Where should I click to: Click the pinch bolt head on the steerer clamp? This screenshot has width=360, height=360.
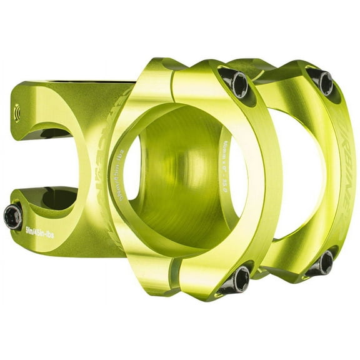tap(12, 216)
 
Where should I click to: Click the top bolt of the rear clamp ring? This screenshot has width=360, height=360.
tap(323, 81)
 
